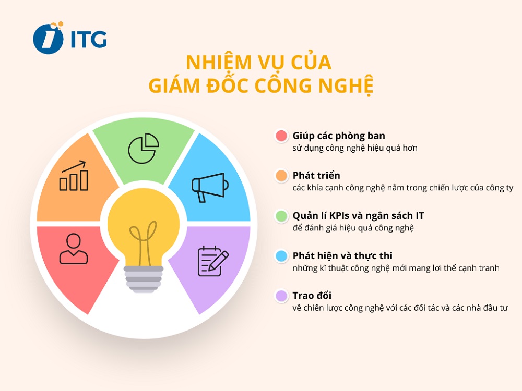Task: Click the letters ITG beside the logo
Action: coord(88,39)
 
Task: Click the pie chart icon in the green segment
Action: coord(144,148)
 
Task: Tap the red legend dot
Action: coord(281,136)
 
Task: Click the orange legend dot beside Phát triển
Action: coord(281,176)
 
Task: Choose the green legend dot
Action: coord(281,216)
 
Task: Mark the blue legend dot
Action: coord(281,256)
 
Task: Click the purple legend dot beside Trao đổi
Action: coord(281,296)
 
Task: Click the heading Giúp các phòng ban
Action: coord(339,136)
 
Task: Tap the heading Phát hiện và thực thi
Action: coord(342,255)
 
